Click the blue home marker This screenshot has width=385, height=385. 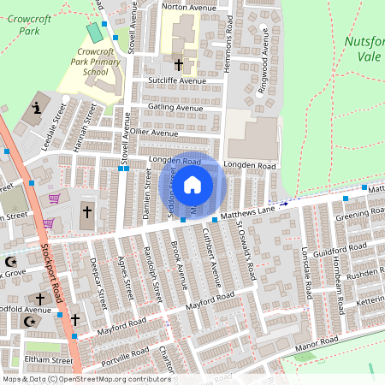[192, 184]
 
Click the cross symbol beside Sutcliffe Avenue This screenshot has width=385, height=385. [179, 64]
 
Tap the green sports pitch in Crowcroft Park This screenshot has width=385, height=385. [94, 33]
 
